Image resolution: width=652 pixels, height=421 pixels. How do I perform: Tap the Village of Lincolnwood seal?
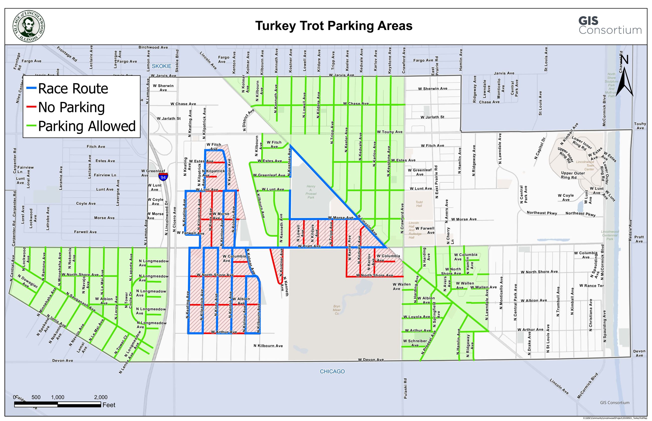[x=29, y=27]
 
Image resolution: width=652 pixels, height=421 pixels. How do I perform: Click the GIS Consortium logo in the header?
[x=610, y=26]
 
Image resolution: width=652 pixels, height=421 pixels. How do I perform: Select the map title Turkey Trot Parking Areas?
[x=334, y=26]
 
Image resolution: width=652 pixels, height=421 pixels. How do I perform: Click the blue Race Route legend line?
[x=31, y=88]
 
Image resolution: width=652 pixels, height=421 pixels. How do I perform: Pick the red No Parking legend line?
[x=31, y=107]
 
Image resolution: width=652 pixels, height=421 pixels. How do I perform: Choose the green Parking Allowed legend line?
[x=31, y=126]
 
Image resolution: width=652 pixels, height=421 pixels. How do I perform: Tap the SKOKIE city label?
[x=161, y=66]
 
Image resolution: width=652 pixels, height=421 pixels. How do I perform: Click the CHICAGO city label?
[x=332, y=371]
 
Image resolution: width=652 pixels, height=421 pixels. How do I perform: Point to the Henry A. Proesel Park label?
[x=311, y=192]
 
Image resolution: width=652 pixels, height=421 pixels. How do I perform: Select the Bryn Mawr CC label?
[x=337, y=310]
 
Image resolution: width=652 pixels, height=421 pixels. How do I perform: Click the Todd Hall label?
[x=419, y=204]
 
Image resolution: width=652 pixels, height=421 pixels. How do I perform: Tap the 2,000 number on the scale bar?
[x=101, y=397]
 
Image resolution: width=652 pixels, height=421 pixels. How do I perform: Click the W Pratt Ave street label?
[x=309, y=246]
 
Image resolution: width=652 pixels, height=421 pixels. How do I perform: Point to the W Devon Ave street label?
[x=371, y=359]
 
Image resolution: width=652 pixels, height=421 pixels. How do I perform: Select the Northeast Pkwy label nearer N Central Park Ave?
[x=542, y=213]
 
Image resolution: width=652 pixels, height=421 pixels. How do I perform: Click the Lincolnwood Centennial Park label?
[x=610, y=235]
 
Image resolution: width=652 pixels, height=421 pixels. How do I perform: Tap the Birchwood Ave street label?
[x=153, y=47]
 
